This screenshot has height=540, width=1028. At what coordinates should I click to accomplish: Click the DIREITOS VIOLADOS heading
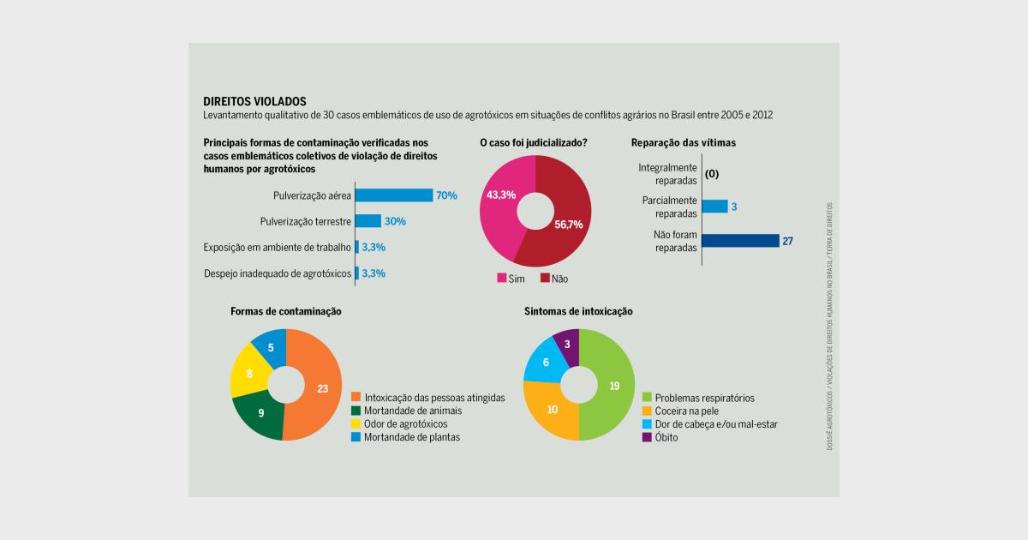[254, 101]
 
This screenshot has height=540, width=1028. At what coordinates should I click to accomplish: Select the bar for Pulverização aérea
[394, 195]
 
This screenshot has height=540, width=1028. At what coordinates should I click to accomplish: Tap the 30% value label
[395, 221]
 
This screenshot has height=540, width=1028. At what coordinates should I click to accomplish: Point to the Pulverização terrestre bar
[368, 221]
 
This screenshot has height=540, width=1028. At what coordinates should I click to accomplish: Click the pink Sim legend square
[501, 279]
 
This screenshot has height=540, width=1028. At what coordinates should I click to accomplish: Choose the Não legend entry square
[545, 279]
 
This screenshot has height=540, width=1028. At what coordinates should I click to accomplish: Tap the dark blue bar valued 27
[740, 241]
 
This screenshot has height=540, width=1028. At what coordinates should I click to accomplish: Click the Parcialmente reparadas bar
[714, 207]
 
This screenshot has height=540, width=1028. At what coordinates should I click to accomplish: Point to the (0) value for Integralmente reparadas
[711, 174]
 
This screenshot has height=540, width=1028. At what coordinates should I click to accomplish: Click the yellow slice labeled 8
[249, 373]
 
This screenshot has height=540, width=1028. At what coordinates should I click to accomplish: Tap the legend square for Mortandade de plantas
[356, 437]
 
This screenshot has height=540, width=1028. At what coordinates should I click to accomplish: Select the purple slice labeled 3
[567, 343]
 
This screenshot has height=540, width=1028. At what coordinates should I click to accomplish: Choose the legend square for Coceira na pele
[648, 411]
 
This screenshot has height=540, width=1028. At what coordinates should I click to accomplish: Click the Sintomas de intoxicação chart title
[578, 311]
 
